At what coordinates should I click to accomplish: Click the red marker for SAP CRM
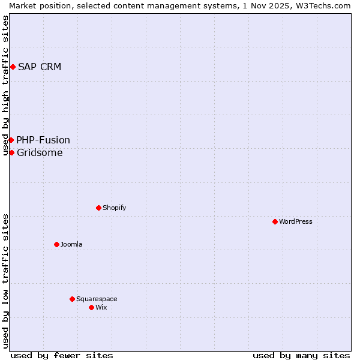coord(13,67)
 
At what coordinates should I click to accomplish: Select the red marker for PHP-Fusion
coord(11,140)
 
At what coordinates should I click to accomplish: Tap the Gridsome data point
coord(11,152)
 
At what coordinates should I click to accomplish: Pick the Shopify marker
coord(99,208)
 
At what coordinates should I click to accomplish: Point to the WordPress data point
coord(275,221)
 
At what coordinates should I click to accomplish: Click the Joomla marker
coord(57,244)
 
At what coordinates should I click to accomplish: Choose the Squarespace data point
coord(73,299)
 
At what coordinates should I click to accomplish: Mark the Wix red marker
coord(92,307)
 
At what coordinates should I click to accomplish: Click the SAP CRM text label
coord(40,67)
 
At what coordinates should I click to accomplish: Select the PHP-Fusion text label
coord(43,140)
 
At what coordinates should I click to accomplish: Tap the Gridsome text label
coord(40,152)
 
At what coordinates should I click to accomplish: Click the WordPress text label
coord(296,221)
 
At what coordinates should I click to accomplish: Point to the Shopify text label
coord(114,208)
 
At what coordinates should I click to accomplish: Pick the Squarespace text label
coord(97,299)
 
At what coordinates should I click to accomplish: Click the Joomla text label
coord(71,244)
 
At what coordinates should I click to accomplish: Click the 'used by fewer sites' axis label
coord(62,355)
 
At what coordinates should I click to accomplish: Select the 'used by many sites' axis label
coord(301,355)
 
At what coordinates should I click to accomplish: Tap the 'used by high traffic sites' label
coord(6,85)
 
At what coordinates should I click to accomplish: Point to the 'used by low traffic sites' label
coord(6,281)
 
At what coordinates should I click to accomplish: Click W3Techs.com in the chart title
coord(325,5)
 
